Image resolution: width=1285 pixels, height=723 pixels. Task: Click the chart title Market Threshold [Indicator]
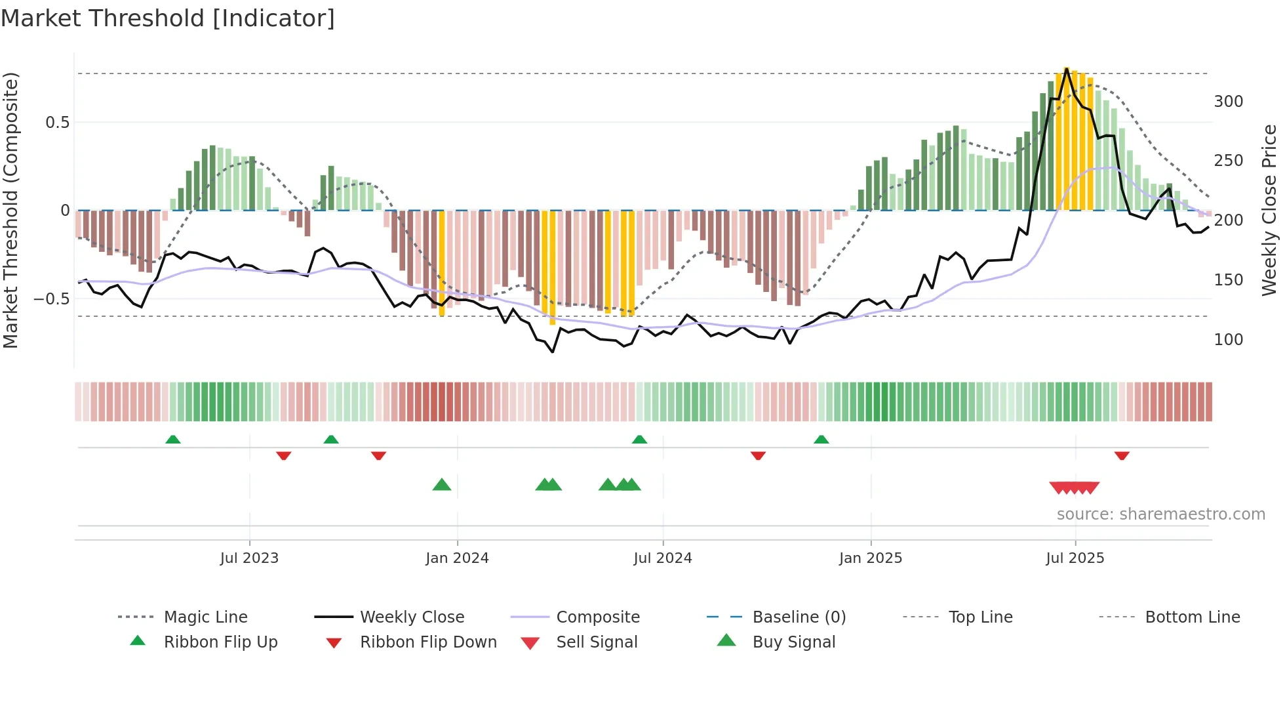tap(168, 18)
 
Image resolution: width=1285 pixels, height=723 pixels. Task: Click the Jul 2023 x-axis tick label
tap(249, 558)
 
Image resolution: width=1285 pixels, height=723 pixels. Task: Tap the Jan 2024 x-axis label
tap(457, 558)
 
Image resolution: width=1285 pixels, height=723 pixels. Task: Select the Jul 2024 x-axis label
tap(662, 558)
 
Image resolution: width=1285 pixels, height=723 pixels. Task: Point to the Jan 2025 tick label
tap(870, 558)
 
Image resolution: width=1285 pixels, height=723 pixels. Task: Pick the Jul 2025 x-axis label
tap(1075, 558)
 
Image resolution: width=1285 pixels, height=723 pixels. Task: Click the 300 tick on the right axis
tap(1228, 102)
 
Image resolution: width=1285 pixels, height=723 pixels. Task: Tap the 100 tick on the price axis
tap(1228, 340)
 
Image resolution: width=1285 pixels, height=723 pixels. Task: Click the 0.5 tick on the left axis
tap(57, 123)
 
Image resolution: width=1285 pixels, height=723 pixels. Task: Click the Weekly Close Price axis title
tap(1269, 210)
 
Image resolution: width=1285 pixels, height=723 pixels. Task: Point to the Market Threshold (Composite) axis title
tap(10, 210)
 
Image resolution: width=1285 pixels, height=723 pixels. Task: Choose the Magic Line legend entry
tap(205, 617)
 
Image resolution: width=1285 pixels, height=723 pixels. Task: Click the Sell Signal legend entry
tap(596, 642)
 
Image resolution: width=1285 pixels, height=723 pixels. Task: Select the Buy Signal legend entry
tap(793, 642)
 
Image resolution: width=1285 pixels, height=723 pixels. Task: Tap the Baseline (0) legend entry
tap(799, 617)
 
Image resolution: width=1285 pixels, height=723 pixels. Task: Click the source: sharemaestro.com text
tap(1160, 514)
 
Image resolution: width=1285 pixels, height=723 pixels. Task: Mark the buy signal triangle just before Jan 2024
tap(442, 485)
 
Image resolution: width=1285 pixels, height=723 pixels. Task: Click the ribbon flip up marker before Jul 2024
tap(639, 440)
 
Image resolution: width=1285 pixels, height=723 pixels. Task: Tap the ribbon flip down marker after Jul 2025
tap(1122, 455)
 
